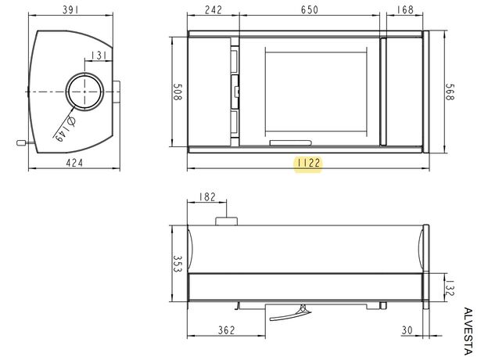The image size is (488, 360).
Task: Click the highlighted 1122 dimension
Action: pos(308,163)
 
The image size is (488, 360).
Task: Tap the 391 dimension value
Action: pos(70,9)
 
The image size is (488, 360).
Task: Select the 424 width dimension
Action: pos(74,163)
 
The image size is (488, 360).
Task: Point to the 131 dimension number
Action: pos(99,56)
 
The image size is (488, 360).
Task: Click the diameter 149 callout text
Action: pos(64,128)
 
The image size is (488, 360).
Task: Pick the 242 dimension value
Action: pos(213,9)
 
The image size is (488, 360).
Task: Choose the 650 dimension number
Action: pos(310,9)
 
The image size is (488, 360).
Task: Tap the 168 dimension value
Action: pos(405,9)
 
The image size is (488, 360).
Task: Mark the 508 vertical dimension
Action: pos(178,92)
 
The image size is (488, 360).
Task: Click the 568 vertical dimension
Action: pos(450,92)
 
